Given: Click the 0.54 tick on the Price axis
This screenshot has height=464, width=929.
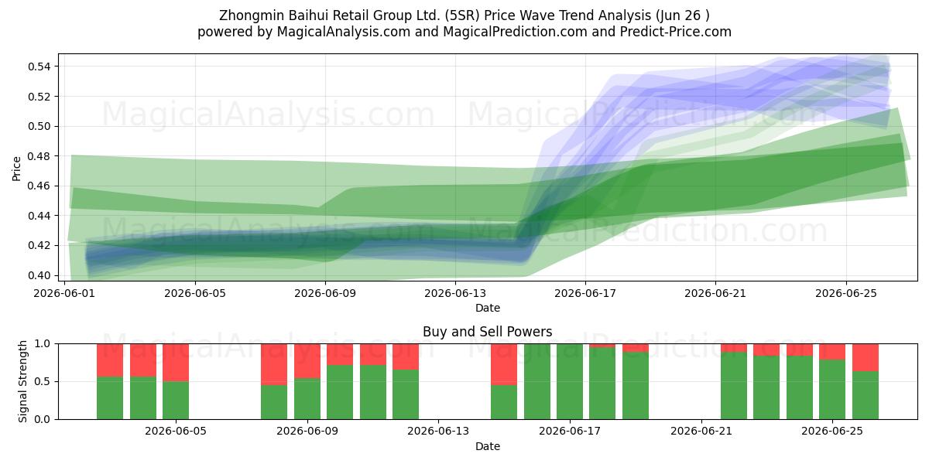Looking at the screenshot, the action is [x=39, y=67].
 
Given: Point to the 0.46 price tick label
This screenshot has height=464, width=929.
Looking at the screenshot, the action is [x=39, y=186].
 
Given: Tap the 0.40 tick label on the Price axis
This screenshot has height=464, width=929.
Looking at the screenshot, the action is [x=39, y=275].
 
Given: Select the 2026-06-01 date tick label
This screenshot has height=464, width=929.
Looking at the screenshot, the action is [x=64, y=293].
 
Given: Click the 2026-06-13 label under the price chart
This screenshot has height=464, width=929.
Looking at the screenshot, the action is [x=455, y=293].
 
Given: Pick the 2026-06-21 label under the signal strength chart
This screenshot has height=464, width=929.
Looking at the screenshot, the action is [x=701, y=432].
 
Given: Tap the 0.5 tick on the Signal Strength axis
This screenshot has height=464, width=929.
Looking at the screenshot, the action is [x=43, y=381].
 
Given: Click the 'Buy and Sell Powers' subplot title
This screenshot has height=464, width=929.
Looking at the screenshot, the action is [x=487, y=332].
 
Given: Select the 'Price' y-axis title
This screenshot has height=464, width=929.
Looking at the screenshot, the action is [x=16, y=169].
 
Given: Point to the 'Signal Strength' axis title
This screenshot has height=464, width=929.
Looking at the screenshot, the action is [x=22, y=381].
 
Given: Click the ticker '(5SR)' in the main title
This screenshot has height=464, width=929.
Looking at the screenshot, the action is [x=462, y=15].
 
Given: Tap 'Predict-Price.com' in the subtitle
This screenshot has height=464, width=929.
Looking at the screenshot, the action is [x=676, y=32].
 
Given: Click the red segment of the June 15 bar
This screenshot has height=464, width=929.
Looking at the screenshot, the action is [x=504, y=364].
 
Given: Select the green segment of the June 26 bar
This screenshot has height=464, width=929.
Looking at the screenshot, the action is [x=866, y=395].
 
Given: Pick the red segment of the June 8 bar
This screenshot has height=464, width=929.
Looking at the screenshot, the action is [x=274, y=364].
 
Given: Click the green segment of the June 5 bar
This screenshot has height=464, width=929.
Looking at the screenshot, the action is [x=176, y=401].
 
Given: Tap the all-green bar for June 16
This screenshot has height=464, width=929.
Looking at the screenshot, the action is [x=537, y=381].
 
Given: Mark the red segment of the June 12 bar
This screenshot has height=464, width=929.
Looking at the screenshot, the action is [x=406, y=357].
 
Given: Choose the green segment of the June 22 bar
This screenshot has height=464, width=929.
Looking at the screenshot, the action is [x=734, y=386].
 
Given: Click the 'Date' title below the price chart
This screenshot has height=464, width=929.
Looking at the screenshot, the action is [x=487, y=309].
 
